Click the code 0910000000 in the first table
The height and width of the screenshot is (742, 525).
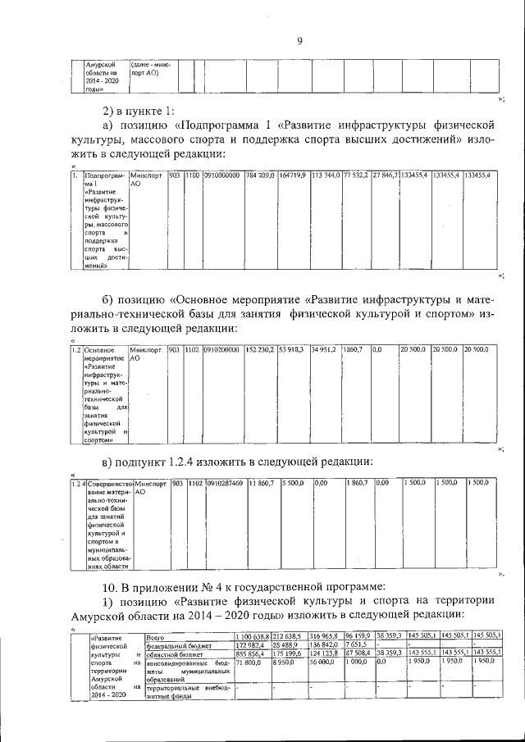pos(222,175)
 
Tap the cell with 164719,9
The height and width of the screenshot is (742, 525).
pos(293,175)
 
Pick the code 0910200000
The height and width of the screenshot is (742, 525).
pos(222,350)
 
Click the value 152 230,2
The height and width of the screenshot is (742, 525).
pos(260,350)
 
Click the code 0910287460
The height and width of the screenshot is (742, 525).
pos(224,484)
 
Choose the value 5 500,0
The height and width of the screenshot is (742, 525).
pos(294,484)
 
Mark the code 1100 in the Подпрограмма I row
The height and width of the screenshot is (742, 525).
pos(192,175)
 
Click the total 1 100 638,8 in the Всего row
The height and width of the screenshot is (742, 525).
pos(252,635)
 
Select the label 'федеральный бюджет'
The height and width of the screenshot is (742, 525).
pos(178,645)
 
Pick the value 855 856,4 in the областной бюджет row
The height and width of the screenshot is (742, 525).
pos(250,653)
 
